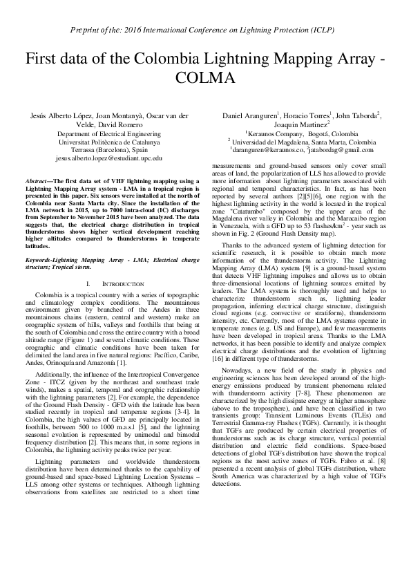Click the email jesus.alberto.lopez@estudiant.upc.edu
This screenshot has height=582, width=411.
(x=109, y=158)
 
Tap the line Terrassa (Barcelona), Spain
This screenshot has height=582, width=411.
(x=109, y=149)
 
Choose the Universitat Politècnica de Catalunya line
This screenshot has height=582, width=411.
(x=109, y=140)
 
